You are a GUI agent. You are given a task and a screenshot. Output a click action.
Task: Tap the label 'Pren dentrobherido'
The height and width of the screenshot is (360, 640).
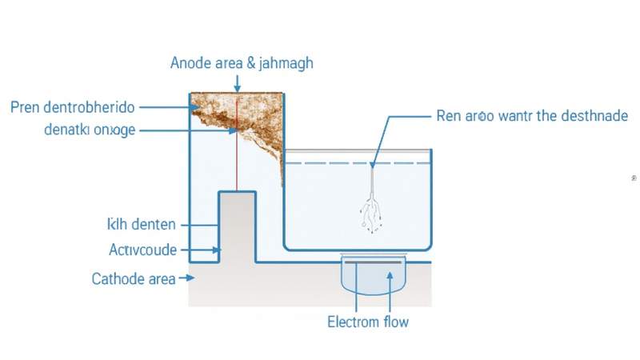(x=73, y=106)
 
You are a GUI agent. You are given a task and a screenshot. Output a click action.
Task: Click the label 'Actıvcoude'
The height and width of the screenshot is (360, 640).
(x=142, y=250)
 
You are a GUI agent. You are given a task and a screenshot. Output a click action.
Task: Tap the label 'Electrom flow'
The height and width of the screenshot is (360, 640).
(x=368, y=322)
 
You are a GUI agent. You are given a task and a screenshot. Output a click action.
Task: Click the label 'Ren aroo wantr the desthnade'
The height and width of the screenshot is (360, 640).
(x=532, y=116)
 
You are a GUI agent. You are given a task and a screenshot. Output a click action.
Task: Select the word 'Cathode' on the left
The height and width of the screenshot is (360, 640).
(x=118, y=279)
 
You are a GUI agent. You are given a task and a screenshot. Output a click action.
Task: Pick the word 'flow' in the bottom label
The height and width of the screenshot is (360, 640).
(x=392, y=322)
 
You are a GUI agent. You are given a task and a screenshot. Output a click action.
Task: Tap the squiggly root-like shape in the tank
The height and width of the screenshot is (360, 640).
(x=372, y=212)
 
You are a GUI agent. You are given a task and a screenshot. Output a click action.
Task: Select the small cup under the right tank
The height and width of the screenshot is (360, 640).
(x=374, y=276)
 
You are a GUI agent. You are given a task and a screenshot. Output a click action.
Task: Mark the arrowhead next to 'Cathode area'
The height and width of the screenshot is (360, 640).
(x=190, y=278)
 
